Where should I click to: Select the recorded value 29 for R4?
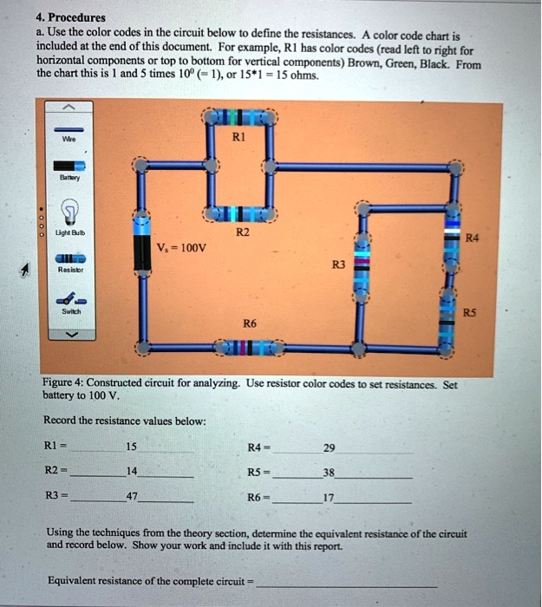tap(329, 448)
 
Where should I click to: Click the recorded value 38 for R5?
tap(329, 473)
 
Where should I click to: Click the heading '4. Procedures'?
tap(71, 16)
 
